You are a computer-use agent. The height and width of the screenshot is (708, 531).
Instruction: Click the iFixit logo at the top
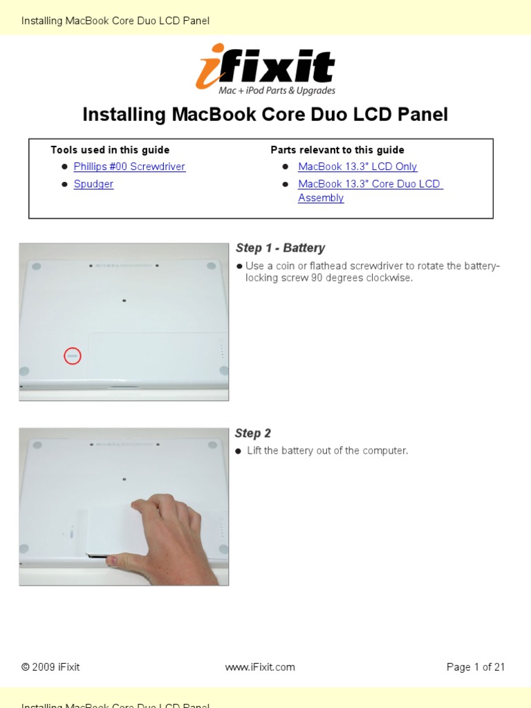click(265, 69)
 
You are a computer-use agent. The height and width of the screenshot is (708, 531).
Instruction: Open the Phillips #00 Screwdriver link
click(129, 167)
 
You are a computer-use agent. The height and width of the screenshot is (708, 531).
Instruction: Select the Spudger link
click(93, 184)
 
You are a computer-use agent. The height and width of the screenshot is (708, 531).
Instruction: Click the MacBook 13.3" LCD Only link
click(357, 167)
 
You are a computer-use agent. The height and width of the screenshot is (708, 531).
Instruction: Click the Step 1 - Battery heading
click(281, 248)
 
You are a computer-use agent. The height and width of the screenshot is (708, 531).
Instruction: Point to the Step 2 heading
click(253, 433)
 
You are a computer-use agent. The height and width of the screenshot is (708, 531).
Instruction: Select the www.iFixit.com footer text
click(260, 667)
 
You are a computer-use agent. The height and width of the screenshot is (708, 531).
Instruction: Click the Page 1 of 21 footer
click(476, 667)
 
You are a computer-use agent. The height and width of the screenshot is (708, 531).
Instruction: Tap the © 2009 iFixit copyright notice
click(50, 667)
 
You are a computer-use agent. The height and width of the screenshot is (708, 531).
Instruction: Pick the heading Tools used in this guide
click(110, 150)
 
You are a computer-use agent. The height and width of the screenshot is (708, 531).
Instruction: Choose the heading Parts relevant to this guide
click(337, 150)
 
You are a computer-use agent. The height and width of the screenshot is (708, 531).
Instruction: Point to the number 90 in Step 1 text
click(316, 278)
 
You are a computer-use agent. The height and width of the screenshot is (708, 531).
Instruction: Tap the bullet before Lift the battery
click(239, 451)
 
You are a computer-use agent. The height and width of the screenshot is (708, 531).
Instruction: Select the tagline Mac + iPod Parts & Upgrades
click(277, 91)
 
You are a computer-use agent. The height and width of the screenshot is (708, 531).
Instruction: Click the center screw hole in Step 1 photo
click(124, 300)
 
